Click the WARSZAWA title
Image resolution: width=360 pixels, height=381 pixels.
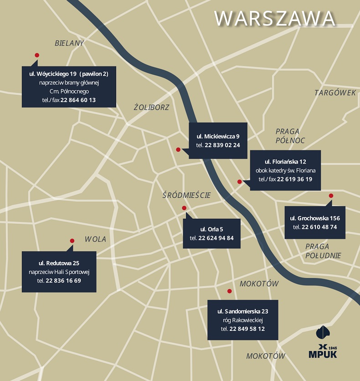click(x=275, y=19)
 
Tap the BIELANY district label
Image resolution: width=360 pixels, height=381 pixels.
click(x=69, y=43)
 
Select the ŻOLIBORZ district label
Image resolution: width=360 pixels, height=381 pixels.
click(x=151, y=108)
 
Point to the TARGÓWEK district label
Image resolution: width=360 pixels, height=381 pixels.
click(x=335, y=93)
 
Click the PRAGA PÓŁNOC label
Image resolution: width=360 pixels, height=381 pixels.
click(x=290, y=136)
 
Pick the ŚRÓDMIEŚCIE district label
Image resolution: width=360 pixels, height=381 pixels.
click(x=186, y=195)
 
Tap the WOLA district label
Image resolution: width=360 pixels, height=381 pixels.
click(x=95, y=239)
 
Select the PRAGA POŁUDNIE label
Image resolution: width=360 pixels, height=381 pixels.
click(x=323, y=251)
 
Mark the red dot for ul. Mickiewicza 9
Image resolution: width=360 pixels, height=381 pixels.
click(x=178, y=149)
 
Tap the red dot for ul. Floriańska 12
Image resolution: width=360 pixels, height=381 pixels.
click(x=240, y=182)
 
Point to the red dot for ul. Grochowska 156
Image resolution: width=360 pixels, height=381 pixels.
click(x=331, y=196)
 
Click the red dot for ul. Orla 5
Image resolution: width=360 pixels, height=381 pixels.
click(x=184, y=208)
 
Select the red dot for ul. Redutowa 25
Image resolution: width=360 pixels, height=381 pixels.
click(x=72, y=241)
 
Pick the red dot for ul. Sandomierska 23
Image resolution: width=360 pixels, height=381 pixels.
click(x=230, y=291)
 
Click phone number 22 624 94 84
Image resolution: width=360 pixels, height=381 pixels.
click(x=216, y=238)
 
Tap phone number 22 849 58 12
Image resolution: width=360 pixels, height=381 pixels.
click(x=247, y=329)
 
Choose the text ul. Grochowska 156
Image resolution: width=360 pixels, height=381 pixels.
click(x=314, y=218)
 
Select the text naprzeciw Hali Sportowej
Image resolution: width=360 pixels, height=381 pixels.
click(x=59, y=272)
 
